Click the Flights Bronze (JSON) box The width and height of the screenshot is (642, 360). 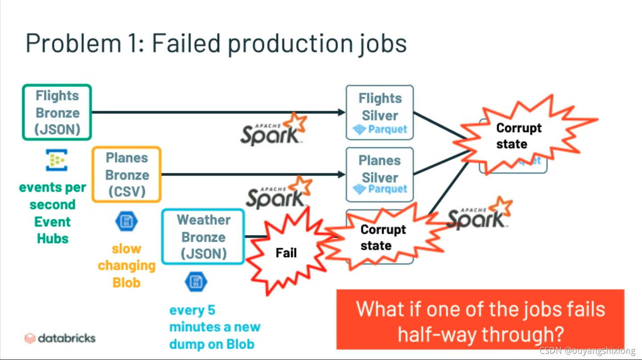(x=57, y=112)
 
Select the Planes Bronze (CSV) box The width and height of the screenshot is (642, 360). (x=126, y=174)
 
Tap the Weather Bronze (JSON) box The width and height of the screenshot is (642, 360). (x=203, y=237)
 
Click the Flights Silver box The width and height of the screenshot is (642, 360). (x=379, y=112)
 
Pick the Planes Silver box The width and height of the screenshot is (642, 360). (x=379, y=174)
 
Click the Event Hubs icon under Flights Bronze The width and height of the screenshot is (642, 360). (x=57, y=160)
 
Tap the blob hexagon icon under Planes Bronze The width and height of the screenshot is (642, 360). (x=127, y=221)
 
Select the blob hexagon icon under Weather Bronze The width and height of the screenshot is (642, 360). (x=196, y=282)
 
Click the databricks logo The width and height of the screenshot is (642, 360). (x=60, y=338)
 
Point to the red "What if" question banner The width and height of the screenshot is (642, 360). (x=480, y=319)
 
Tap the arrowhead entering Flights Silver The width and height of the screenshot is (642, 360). (x=342, y=112)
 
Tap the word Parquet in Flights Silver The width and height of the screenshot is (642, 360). (x=387, y=130)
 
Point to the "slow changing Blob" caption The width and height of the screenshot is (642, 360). (x=127, y=266)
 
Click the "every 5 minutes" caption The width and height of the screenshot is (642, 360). (x=214, y=327)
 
